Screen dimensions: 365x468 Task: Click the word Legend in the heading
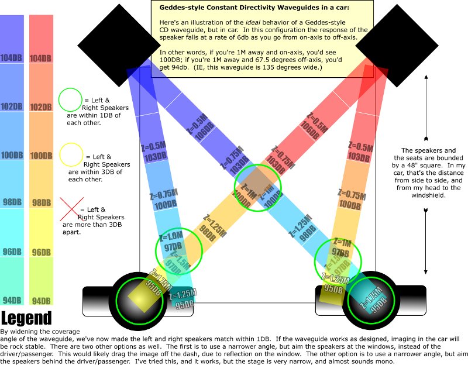(x=26, y=319)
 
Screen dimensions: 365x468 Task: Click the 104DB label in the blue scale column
(x=12, y=58)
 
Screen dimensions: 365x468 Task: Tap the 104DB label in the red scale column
(x=40, y=58)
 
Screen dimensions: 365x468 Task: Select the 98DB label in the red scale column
(x=40, y=202)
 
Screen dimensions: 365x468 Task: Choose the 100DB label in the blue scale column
(x=12, y=156)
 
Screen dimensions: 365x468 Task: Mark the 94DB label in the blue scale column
(x=12, y=301)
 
